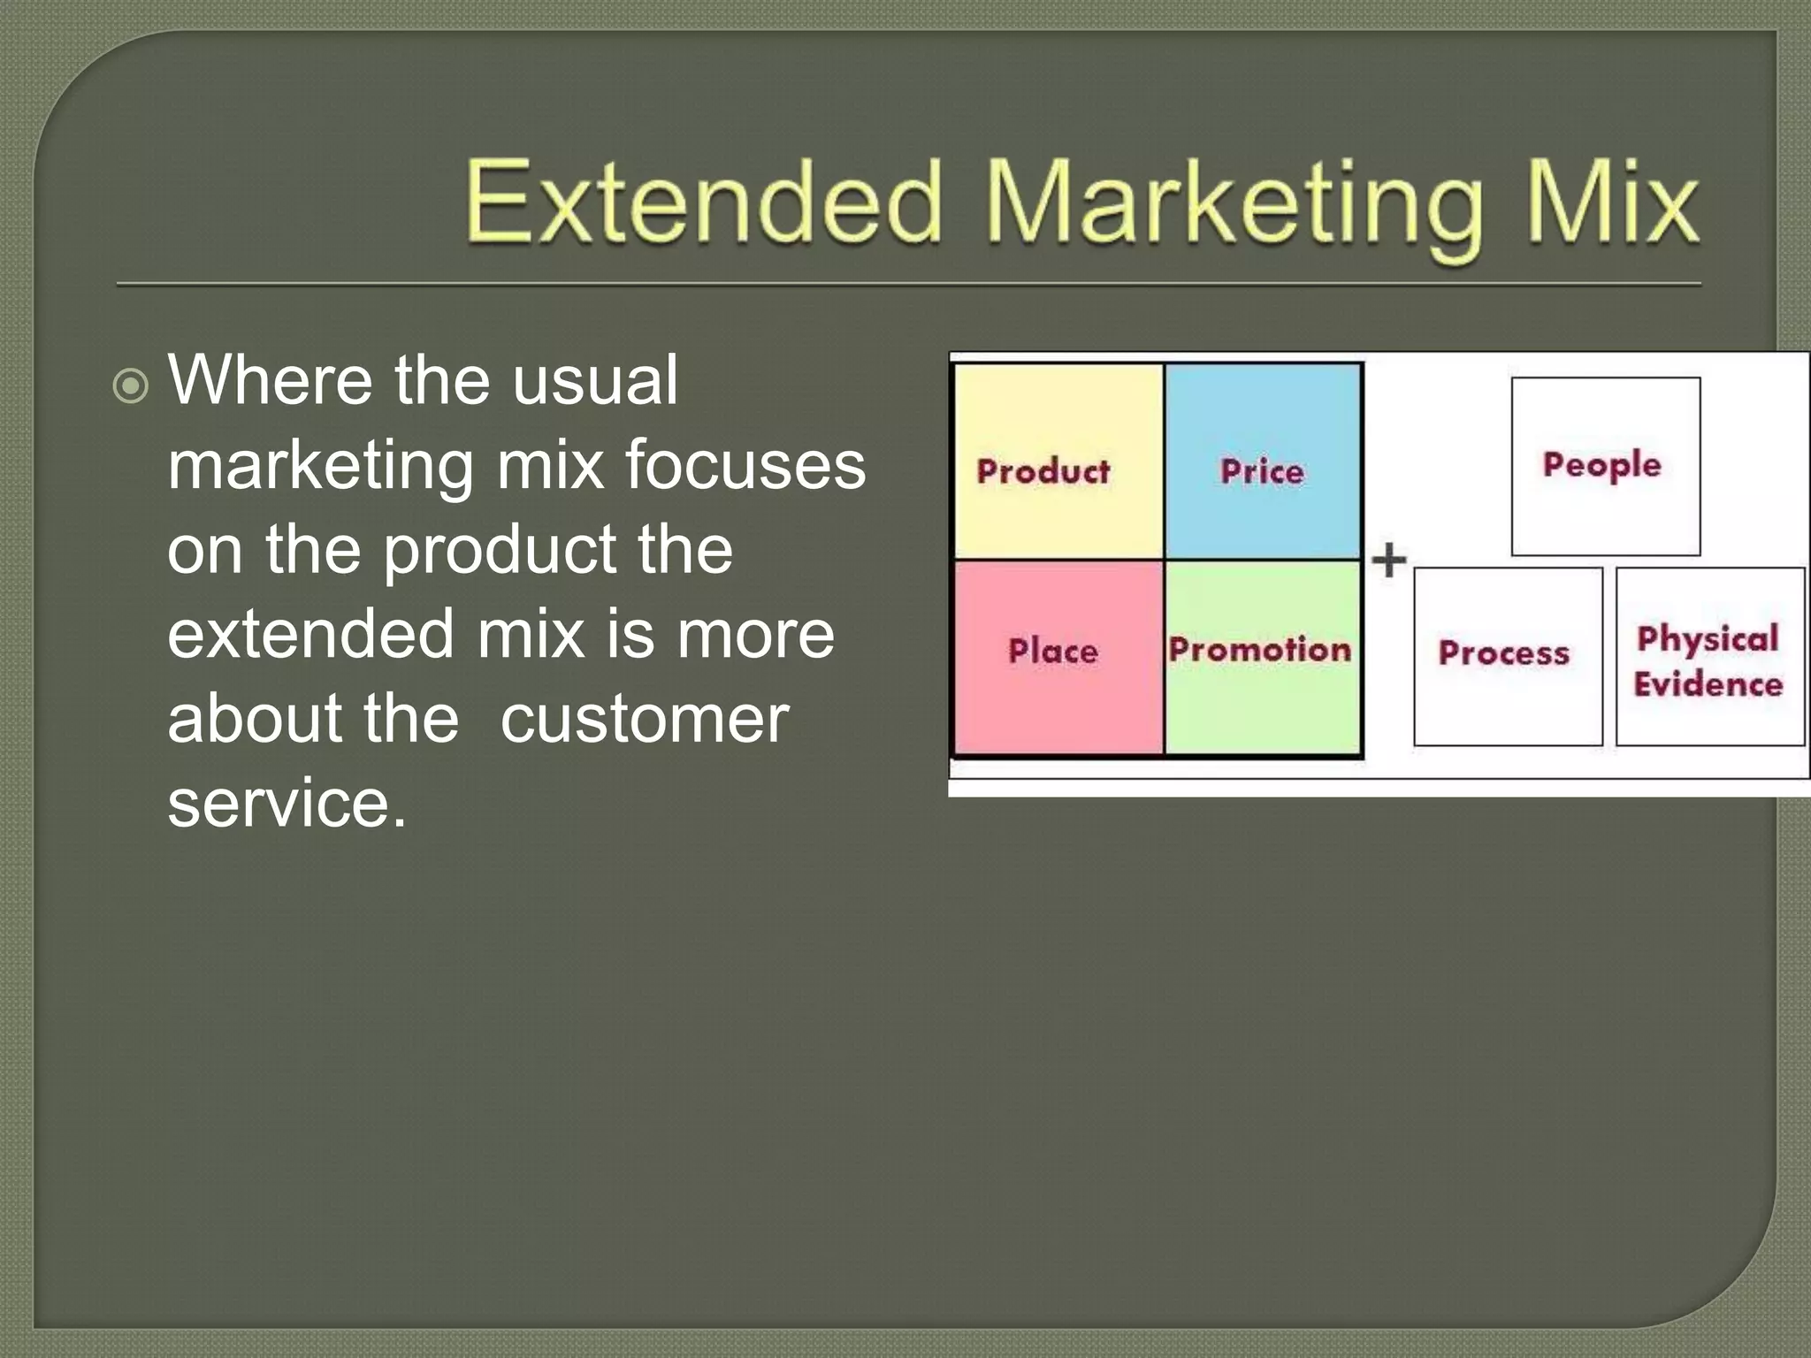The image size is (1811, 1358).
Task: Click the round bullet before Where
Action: tap(131, 386)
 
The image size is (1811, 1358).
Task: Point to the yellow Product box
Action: tap(1058, 462)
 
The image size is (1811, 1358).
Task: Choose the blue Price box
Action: tap(1262, 462)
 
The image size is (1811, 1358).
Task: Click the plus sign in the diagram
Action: tap(1388, 560)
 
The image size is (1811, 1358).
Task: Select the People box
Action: tap(1605, 466)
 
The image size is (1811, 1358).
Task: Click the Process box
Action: tap(1507, 656)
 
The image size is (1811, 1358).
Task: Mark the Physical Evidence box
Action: tap(1709, 656)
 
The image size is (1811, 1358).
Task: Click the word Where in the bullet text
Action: tap(271, 380)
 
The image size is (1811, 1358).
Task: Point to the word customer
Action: tap(644, 718)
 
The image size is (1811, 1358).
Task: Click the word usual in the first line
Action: tap(594, 380)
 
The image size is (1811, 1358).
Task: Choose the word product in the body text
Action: tap(499, 549)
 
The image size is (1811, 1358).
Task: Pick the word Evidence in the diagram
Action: tap(1708, 684)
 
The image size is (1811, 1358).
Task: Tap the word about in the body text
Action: tap(254, 718)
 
